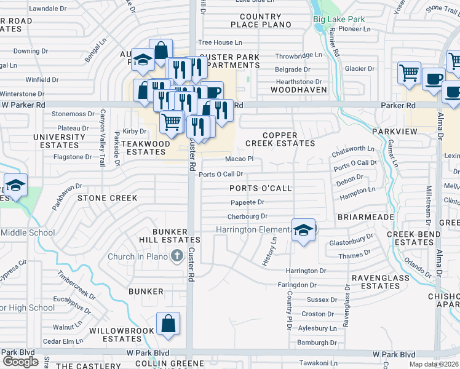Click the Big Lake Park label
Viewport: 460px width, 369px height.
[x=339, y=19]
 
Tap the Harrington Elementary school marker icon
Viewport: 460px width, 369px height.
[x=303, y=230]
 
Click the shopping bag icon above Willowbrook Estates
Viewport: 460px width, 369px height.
[x=168, y=323]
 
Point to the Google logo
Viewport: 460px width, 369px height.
[x=20, y=362]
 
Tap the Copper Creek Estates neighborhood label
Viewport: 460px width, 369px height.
[x=280, y=139]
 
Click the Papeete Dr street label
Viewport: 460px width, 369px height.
[x=247, y=202]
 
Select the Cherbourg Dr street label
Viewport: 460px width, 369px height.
[x=247, y=216]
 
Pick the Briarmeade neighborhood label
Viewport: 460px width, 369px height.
[x=361, y=218]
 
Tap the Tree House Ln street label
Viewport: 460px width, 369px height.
[x=220, y=42]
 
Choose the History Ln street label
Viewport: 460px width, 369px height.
[x=269, y=252]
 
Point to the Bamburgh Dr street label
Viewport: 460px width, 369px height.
[x=315, y=343]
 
